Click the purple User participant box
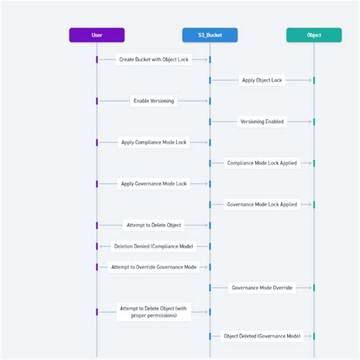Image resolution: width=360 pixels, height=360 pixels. [x=96, y=35]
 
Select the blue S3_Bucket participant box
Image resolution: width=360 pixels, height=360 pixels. [x=210, y=35]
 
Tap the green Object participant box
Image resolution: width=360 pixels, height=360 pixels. [x=314, y=35]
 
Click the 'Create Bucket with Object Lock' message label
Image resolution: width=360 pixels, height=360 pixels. [x=153, y=59]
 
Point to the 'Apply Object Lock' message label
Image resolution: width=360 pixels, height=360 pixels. [x=262, y=81]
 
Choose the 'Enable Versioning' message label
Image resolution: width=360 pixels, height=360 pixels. [x=153, y=101]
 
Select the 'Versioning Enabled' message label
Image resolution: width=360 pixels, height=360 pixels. [x=262, y=122]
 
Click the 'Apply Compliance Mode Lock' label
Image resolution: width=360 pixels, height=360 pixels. [x=153, y=142]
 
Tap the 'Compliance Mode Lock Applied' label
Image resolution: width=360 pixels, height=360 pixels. [x=262, y=163]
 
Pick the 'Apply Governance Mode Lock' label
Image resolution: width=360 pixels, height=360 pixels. [x=153, y=184]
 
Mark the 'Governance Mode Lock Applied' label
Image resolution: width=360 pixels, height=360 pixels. [x=262, y=204]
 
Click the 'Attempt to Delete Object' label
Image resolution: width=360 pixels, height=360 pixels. [x=153, y=226]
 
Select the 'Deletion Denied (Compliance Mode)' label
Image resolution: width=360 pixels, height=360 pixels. [x=153, y=246]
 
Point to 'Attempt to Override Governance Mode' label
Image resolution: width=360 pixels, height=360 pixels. [x=153, y=267]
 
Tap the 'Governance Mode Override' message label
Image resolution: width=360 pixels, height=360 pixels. [x=262, y=288]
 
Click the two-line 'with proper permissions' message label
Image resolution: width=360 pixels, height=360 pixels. [x=153, y=312]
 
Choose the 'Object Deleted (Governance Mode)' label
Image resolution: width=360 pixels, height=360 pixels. [x=262, y=336]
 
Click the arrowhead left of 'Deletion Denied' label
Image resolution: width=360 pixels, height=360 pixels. [x=101, y=246]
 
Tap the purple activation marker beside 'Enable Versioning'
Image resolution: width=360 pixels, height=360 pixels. [x=96, y=101]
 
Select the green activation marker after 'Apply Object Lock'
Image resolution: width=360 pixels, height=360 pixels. [x=314, y=81]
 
